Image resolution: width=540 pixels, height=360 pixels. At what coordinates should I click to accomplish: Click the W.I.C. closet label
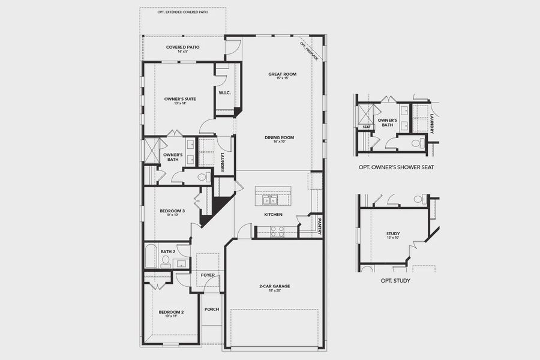click(x=225, y=92)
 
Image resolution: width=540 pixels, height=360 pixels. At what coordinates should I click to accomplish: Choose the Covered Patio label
click(x=183, y=47)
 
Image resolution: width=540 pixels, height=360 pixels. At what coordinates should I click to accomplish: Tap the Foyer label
click(x=208, y=275)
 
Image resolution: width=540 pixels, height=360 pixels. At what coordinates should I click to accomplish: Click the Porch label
click(x=211, y=310)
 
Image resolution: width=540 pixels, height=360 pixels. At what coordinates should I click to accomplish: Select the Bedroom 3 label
click(x=172, y=211)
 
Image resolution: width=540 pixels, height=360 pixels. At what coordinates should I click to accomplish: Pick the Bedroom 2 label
click(x=171, y=312)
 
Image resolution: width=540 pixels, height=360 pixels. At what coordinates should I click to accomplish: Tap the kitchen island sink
click(x=272, y=199)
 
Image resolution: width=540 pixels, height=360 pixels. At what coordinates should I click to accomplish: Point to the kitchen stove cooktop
click(x=277, y=231)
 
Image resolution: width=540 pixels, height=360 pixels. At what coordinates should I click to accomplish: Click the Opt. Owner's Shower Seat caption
click(x=395, y=167)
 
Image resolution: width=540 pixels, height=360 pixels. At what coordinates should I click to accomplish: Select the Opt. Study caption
click(x=395, y=280)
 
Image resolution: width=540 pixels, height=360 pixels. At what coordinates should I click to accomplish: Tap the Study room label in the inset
click(x=394, y=234)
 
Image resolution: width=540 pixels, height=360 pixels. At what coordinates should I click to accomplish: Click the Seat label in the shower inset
click(x=365, y=127)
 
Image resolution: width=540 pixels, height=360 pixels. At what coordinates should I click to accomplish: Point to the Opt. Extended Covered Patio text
click(x=182, y=12)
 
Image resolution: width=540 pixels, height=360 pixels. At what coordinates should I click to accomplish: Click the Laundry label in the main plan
click(x=222, y=162)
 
